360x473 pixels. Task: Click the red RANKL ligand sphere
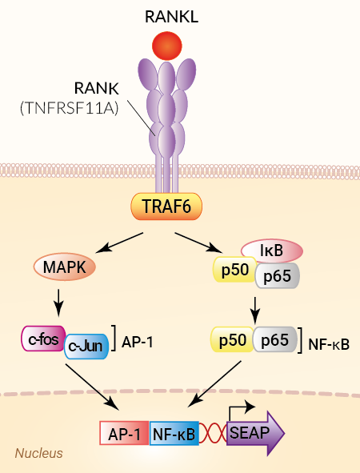166,46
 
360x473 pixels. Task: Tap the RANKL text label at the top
171,17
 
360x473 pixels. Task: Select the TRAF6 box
166,206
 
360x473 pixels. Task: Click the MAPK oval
65,267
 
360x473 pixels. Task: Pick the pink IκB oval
272,251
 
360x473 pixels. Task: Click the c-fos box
43,339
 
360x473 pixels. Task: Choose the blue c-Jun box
86,347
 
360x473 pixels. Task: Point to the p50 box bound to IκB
235,270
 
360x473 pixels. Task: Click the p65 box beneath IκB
278,275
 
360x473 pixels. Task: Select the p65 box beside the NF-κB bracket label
275,339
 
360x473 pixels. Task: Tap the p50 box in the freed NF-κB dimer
232,339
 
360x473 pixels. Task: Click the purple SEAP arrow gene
255,433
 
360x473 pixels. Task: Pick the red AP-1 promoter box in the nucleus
124,434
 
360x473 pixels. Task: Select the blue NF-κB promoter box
174,434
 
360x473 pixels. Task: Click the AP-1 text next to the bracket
137,343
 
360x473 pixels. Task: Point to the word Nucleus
39,453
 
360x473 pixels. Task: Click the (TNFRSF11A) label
69,108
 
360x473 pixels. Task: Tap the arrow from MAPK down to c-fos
58,303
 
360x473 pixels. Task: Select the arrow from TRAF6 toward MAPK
119,243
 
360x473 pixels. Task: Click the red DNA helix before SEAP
213,434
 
